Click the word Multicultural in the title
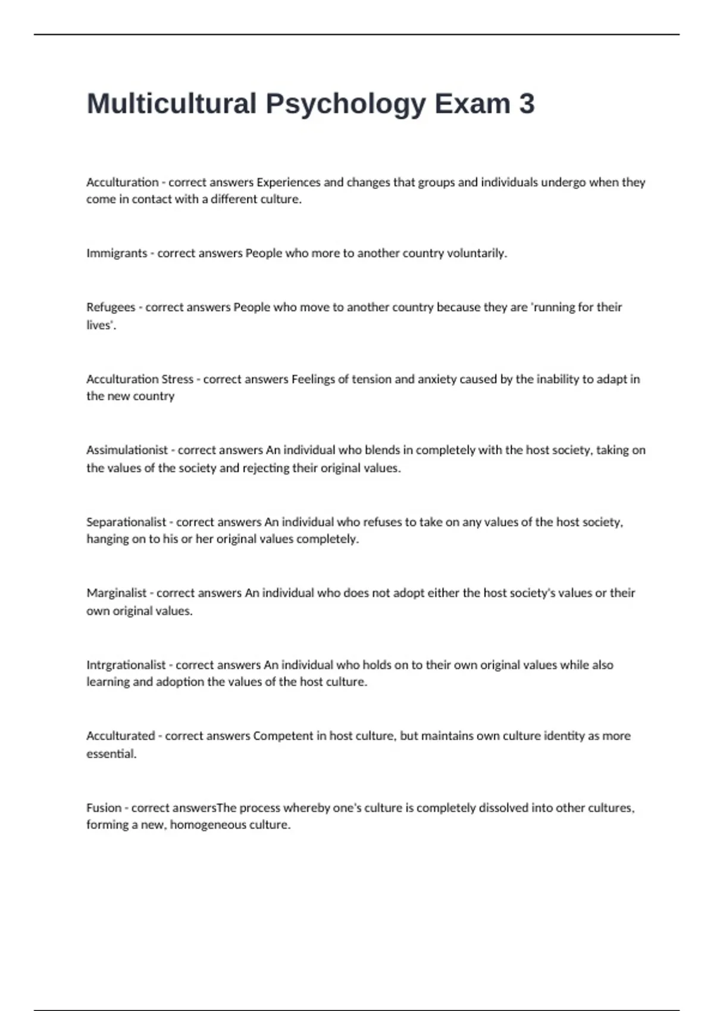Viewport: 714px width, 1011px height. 171,103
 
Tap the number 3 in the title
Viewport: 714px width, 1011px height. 527,103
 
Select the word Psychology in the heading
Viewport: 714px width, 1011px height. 346,105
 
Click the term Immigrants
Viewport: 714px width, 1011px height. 117,253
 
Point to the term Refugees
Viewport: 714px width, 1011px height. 111,307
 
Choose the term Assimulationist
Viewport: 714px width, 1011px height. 127,450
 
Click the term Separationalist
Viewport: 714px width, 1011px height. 126,522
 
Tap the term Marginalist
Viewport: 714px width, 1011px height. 116,593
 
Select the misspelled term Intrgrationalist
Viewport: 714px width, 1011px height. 126,665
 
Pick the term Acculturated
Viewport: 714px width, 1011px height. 120,736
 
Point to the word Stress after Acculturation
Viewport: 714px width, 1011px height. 177,379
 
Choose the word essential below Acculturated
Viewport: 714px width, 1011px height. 111,754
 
